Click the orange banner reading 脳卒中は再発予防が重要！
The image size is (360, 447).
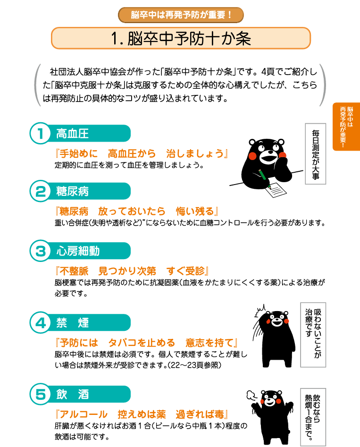(x=181, y=15)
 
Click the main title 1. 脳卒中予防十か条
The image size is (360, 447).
(x=181, y=38)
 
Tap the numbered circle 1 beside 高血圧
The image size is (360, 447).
(x=41, y=134)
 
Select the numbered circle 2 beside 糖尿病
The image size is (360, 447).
(x=41, y=191)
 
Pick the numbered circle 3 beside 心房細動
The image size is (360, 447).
(x=41, y=251)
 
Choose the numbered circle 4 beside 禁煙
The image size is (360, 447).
(x=41, y=323)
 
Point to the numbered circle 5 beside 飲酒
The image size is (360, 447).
(x=41, y=394)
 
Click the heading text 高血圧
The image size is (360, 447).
(x=72, y=134)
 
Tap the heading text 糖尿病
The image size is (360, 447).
(x=72, y=191)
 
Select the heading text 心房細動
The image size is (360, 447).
(x=78, y=251)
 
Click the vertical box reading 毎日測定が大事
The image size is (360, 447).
(x=316, y=154)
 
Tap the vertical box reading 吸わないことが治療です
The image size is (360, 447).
(x=313, y=335)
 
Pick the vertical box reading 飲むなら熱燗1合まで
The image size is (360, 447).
(x=313, y=417)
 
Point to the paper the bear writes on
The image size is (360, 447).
(x=276, y=190)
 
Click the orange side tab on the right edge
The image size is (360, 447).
(x=346, y=127)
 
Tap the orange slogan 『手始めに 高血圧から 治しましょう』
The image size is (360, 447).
(x=142, y=154)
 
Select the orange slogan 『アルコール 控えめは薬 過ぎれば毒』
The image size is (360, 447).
(x=142, y=414)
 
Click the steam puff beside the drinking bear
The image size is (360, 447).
(x=251, y=395)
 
